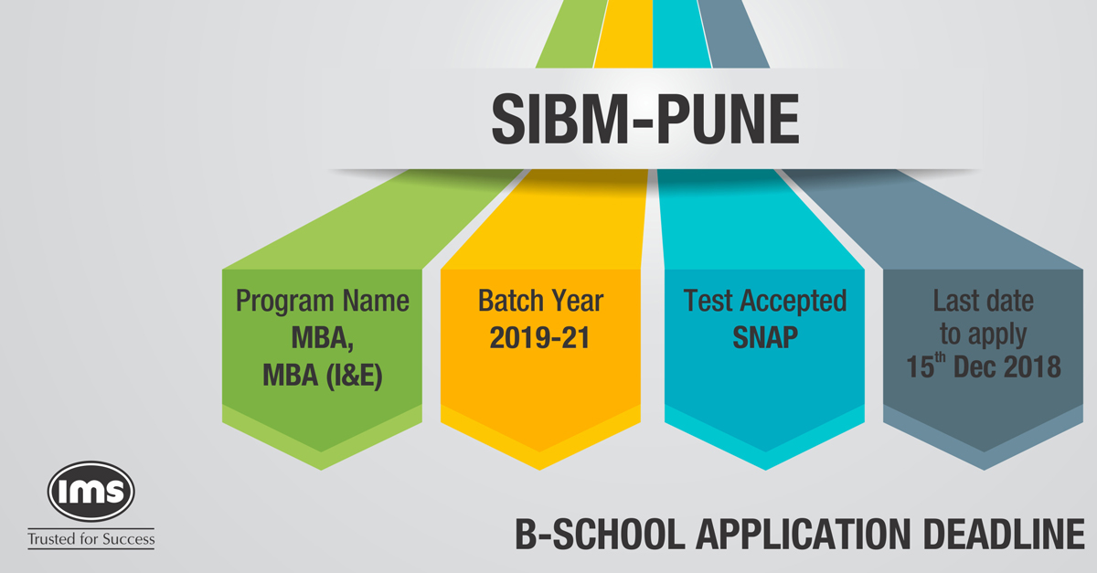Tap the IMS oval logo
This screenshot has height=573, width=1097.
[91, 490]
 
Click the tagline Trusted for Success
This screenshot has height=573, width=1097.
[91, 538]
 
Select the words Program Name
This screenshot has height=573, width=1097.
[323, 301]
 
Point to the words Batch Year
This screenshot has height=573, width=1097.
[541, 301]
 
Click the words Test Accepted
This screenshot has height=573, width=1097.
[765, 301]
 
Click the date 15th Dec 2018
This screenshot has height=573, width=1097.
[982, 367]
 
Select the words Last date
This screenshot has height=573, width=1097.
[982, 301]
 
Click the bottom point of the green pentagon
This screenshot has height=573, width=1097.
[323, 468]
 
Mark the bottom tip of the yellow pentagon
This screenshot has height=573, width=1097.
[541, 468]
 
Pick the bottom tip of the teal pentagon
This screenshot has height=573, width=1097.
[765, 468]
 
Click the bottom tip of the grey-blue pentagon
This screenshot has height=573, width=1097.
[982, 468]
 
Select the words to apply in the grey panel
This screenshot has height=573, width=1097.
[982, 334]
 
